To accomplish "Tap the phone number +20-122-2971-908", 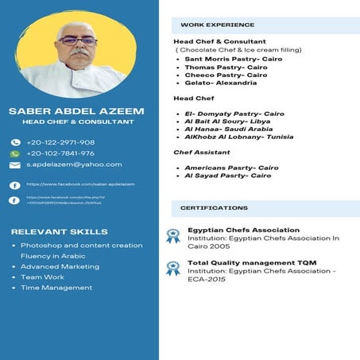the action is pyautogui.click(x=60, y=142).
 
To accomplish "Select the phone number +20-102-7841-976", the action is pyautogui.click(x=60, y=153).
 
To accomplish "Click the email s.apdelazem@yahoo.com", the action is pyautogui.click(x=74, y=165).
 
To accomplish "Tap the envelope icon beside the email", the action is pyautogui.click(x=14, y=165).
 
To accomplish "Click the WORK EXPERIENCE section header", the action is pyautogui.click(x=217, y=25).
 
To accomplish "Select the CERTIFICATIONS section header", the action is pyautogui.click(x=214, y=208).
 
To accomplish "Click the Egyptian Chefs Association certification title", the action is pyautogui.click(x=243, y=230).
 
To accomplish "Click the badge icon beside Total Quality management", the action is pyautogui.click(x=172, y=268).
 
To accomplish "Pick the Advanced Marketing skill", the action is pyautogui.click(x=60, y=267).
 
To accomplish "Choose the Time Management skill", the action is pyautogui.click(x=56, y=288).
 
